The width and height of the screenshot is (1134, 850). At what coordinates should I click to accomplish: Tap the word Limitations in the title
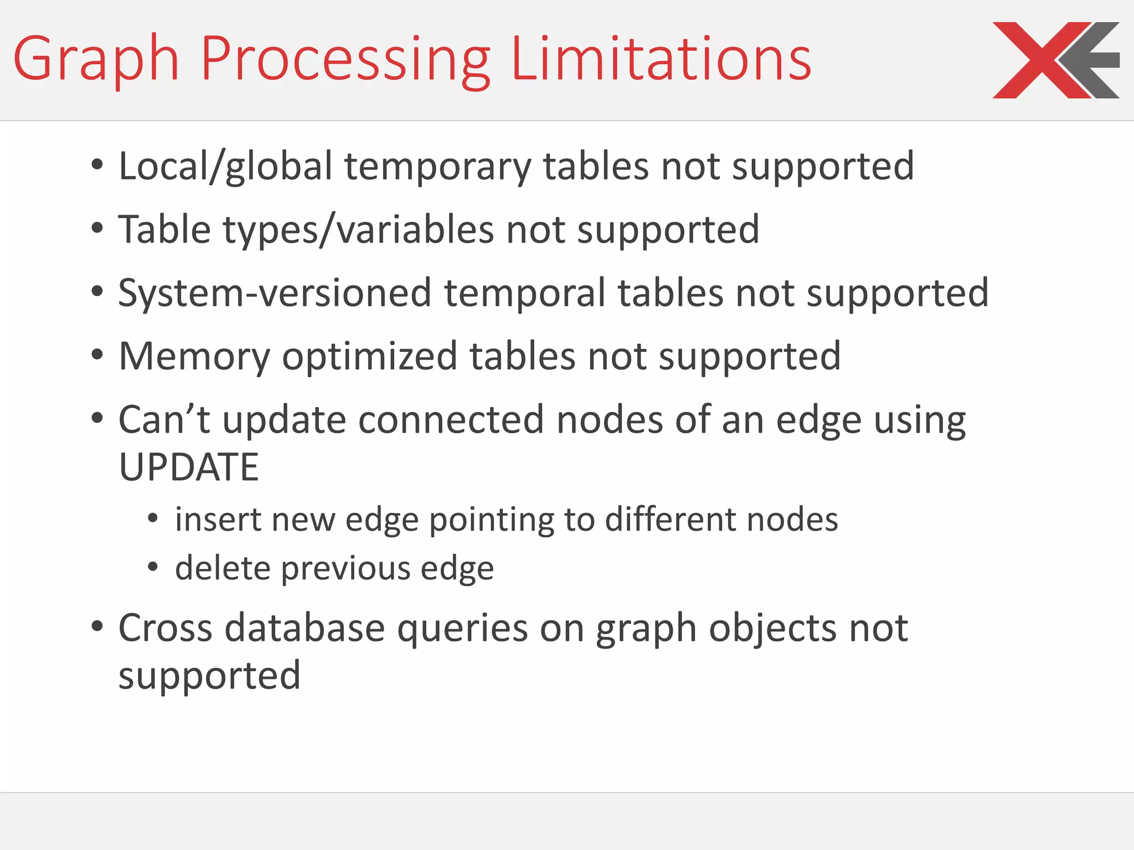pyautogui.click(x=661, y=58)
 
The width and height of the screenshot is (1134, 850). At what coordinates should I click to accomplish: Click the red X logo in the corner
pyautogui.click(x=1055, y=60)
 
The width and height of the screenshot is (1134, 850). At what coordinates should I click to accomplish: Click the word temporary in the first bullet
pyautogui.click(x=437, y=166)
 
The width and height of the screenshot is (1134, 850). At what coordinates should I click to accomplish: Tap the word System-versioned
pyautogui.click(x=275, y=293)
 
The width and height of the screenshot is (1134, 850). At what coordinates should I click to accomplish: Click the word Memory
pyautogui.click(x=194, y=356)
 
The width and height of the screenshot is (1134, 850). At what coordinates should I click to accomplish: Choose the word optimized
pyautogui.click(x=369, y=356)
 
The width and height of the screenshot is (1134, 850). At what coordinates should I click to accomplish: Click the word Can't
pyautogui.click(x=164, y=419)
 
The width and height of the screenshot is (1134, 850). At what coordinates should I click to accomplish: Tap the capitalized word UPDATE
pyautogui.click(x=189, y=467)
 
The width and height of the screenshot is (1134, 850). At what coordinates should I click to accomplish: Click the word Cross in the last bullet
pyautogui.click(x=166, y=629)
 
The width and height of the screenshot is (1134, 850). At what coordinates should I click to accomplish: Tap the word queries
pyautogui.click(x=462, y=630)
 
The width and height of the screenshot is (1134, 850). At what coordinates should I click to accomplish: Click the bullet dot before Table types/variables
pyautogui.click(x=97, y=228)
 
